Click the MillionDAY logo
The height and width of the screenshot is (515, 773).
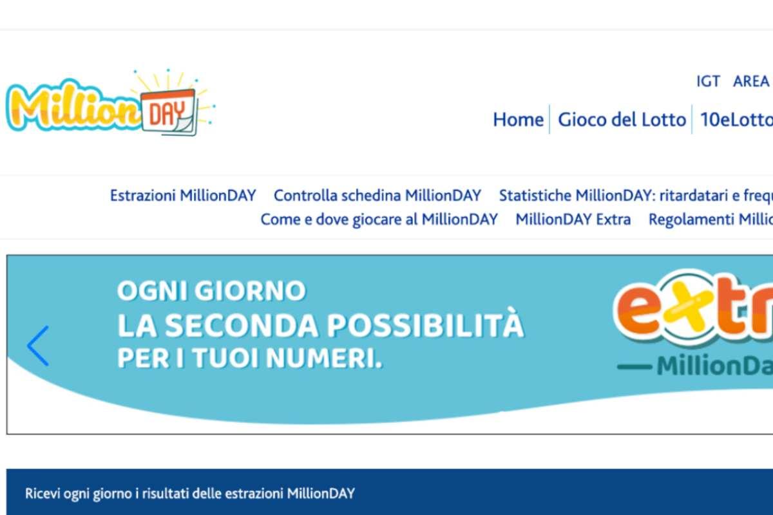(x=110, y=102)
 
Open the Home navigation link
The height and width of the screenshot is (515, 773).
(x=518, y=120)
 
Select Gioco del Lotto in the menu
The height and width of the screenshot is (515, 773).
(x=622, y=120)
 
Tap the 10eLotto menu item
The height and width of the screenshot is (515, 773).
(x=736, y=120)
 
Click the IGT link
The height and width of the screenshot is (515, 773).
(x=708, y=81)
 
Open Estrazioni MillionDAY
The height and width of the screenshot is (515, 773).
(x=183, y=196)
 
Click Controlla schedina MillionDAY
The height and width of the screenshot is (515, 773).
(x=377, y=196)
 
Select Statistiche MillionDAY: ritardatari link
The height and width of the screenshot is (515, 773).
(x=636, y=196)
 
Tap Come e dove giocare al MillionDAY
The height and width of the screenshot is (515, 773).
(x=379, y=220)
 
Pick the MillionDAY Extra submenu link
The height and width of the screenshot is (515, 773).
(x=573, y=220)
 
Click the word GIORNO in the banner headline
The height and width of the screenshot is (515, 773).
(x=250, y=291)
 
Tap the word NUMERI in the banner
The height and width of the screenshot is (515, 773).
(x=325, y=358)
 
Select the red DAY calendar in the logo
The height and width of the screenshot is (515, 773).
(x=169, y=112)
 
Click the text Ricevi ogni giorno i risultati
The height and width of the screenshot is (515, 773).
(x=190, y=493)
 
